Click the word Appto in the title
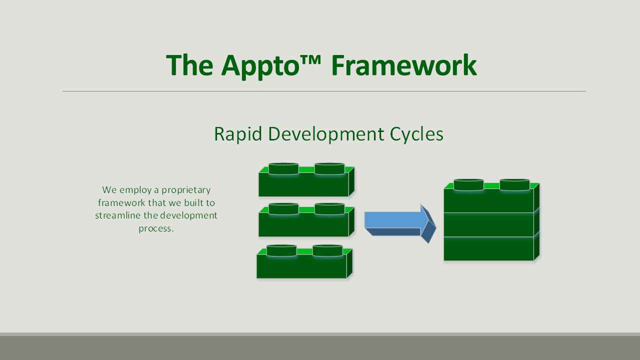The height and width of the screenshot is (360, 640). pyautogui.click(x=260, y=66)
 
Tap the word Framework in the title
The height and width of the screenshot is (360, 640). pyautogui.click(x=404, y=65)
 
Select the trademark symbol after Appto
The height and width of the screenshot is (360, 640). pyautogui.click(x=310, y=60)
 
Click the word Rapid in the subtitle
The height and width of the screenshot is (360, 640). pyautogui.click(x=238, y=134)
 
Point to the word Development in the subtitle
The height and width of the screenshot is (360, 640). pyautogui.click(x=326, y=134)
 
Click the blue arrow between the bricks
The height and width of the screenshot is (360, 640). pyautogui.click(x=400, y=223)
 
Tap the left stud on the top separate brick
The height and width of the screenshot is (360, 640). pyautogui.click(x=283, y=169)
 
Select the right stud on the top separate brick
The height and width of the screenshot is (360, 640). pyautogui.click(x=329, y=169)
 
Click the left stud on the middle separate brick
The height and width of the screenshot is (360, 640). pyautogui.click(x=283, y=209)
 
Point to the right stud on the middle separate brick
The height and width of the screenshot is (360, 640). pyautogui.click(x=329, y=209)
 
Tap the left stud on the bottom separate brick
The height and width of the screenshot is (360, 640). pyautogui.click(x=281, y=250)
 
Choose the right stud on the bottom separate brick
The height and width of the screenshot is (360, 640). pyautogui.click(x=327, y=250)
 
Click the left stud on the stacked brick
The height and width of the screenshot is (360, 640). pyautogui.click(x=468, y=185)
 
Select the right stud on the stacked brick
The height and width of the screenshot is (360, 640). pyautogui.click(x=514, y=185)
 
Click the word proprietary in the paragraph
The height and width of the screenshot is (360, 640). pyautogui.click(x=186, y=190)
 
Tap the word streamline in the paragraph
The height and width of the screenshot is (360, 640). pyautogui.click(x=117, y=215)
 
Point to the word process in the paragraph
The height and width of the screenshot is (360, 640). pyautogui.click(x=156, y=228)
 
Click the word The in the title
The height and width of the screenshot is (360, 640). pyautogui.click(x=189, y=65)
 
